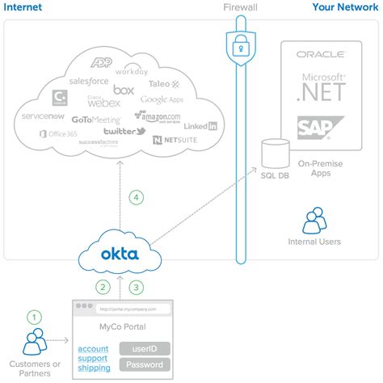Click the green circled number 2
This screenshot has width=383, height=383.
pos(103,286)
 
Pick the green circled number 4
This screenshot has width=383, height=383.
pos(137,196)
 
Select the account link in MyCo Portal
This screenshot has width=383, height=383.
pos(94,348)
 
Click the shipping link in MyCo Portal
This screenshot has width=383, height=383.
pos(95,368)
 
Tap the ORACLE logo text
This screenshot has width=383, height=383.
pos(321,55)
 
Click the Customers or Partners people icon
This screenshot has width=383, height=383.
pos(34,343)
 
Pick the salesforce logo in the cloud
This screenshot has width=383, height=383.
pos(89,81)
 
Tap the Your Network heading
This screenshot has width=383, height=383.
pos(344,9)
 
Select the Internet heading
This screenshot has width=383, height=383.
pos(23,9)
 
